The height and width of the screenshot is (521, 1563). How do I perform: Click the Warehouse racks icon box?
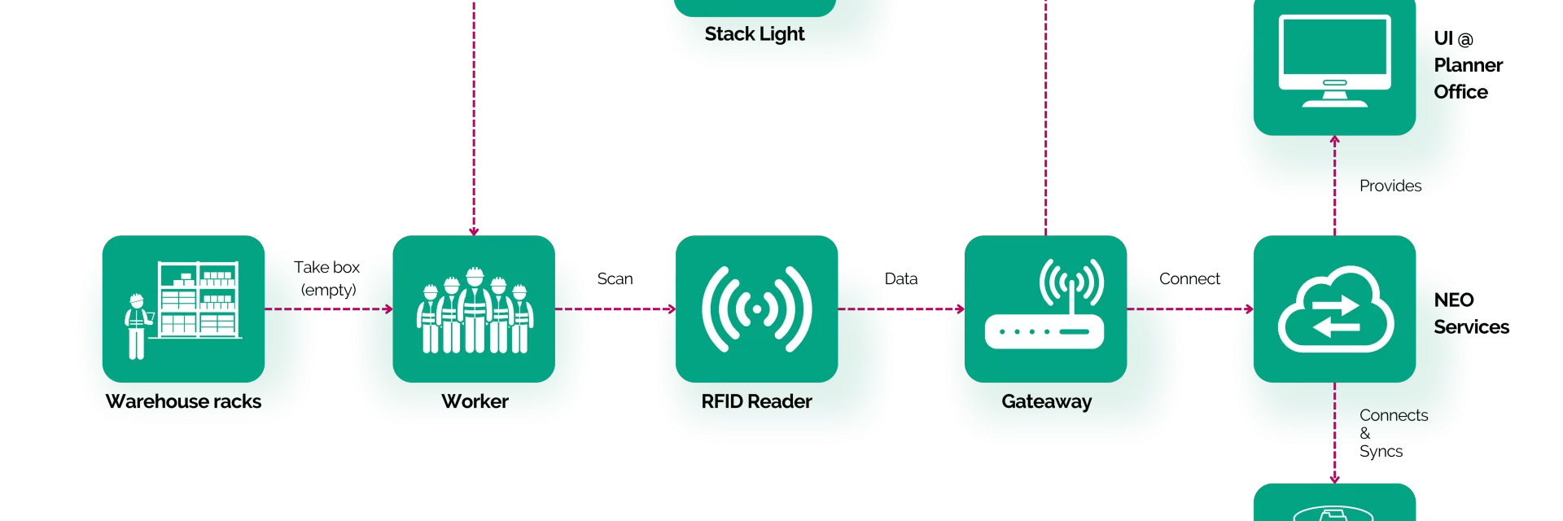coord(183,309)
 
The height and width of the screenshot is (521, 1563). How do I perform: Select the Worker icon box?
coord(474,309)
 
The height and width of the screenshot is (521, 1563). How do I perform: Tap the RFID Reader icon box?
coord(756,309)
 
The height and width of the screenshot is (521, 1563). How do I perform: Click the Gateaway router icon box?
coord(1045,309)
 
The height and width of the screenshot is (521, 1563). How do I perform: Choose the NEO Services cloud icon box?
coord(1334,309)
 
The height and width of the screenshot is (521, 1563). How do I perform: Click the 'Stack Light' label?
coord(755,34)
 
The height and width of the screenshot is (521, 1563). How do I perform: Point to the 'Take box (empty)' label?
coord(327,278)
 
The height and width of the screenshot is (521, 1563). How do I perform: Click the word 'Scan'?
coord(615,278)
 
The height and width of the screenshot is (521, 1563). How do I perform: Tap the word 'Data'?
coord(901,278)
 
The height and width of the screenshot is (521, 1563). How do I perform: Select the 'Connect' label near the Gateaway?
coord(1189,278)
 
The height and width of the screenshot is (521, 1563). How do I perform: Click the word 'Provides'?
coord(1390,186)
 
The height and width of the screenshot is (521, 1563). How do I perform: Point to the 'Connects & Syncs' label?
coord(1394,433)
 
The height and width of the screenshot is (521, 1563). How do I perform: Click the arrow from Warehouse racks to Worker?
coord(329,309)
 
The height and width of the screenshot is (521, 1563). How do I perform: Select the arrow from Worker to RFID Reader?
coord(615,309)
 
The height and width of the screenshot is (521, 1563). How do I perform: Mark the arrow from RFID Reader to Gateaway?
coord(901,309)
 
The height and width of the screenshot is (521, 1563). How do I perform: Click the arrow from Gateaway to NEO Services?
coord(1190,309)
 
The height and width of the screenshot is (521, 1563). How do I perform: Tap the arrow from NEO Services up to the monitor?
coord(1334,186)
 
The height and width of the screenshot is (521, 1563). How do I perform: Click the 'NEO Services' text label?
coord(1471,313)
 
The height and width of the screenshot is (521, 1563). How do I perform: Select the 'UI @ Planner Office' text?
coord(1469,65)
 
